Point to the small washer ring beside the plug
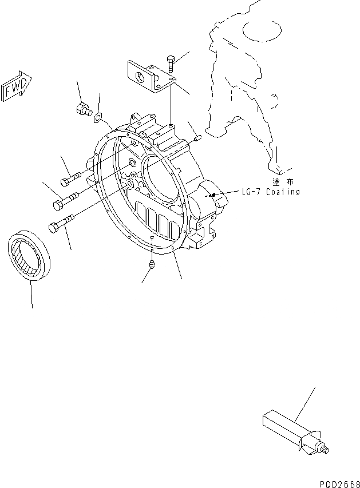[98, 118]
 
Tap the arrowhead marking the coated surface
[214, 195]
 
